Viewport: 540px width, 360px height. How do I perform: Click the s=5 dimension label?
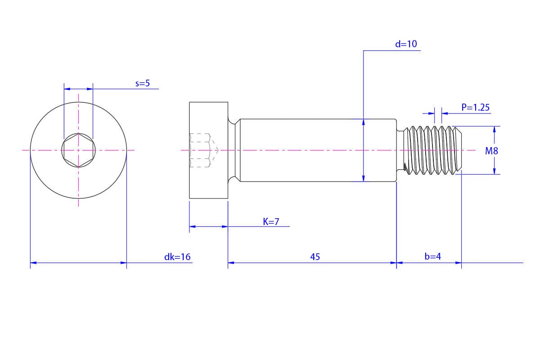(142, 83)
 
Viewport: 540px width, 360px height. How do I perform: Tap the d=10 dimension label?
(406, 44)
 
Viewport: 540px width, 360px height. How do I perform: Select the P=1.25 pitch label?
(475, 108)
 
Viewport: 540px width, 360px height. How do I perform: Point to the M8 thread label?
(491, 151)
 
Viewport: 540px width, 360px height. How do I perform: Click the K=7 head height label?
(271, 221)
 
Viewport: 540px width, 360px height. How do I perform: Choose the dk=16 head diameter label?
(177, 257)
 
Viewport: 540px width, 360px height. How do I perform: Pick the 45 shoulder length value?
(315, 257)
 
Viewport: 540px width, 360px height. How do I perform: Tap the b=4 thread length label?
(432, 256)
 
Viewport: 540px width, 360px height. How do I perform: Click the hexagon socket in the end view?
(78, 150)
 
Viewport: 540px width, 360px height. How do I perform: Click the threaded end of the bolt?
(433, 150)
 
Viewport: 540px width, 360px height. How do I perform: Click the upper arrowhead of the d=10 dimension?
(364, 121)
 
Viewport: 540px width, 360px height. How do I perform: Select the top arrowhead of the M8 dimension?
(494, 129)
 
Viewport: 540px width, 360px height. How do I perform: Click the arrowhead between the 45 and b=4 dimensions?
(396, 262)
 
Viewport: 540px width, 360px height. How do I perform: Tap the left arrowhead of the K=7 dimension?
(192, 226)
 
